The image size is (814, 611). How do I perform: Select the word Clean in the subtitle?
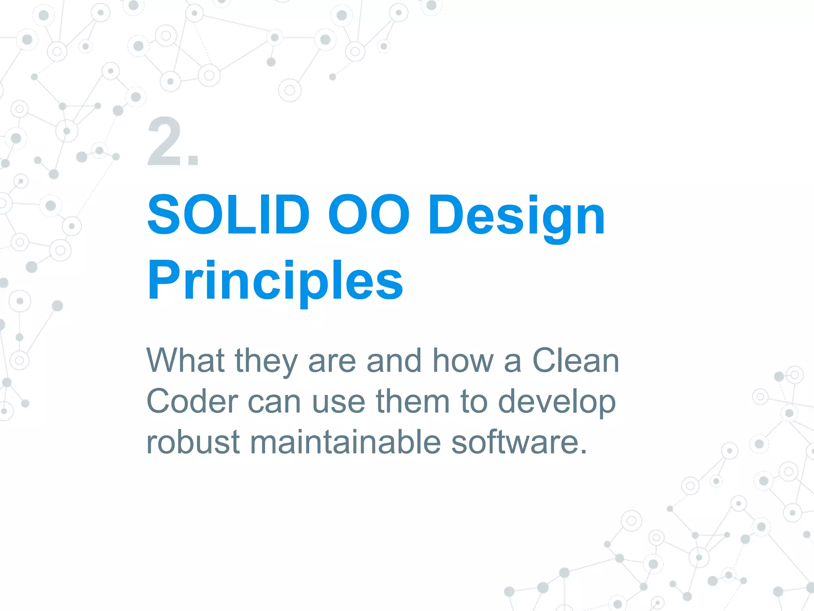click(576, 360)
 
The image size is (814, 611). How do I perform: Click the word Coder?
click(192, 401)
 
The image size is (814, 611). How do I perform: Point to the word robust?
click(193, 442)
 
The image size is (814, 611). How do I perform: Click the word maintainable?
click(345, 442)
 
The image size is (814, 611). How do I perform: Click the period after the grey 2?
click(194, 161)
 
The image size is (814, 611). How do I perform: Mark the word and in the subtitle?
click(393, 360)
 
